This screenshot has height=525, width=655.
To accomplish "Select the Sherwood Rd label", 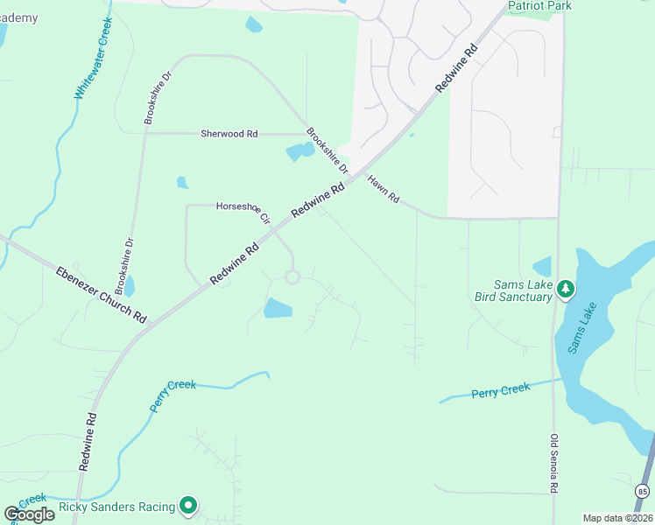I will pos(229,134).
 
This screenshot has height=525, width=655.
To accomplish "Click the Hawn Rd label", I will pos(383,190).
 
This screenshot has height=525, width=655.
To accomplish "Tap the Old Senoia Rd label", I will pos(553,465).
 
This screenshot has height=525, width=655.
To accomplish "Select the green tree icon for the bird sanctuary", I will pos(566,289).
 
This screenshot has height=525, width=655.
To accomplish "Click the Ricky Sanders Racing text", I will pos(116,507).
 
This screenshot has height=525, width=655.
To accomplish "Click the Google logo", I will pos(30,514).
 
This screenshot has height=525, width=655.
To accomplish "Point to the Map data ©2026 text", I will pos(617,518).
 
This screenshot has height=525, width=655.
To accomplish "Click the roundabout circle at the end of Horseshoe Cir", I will pos(292,277).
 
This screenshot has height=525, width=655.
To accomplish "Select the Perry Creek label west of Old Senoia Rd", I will pos(501,390).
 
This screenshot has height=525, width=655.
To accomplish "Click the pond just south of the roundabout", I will pos(278,308).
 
